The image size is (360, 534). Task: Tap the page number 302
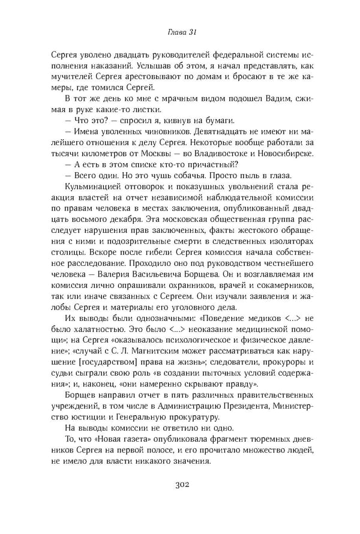(x=180, y=485)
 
